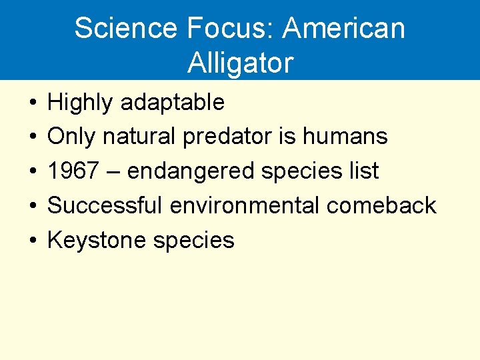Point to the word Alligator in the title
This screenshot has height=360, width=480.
tap(240, 63)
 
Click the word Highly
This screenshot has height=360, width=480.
tap(79, 103)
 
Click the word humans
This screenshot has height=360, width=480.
tap(345, 137)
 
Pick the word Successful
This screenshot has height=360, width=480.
tap(105, 205)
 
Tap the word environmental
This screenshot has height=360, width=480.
tap(245, 205)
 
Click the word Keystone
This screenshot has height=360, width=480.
tap(97, 240)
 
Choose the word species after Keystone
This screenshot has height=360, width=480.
tap(194, 240)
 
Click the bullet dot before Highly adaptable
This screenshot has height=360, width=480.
tap(32, 103)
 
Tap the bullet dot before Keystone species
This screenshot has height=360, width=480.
tap(32, 241)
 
